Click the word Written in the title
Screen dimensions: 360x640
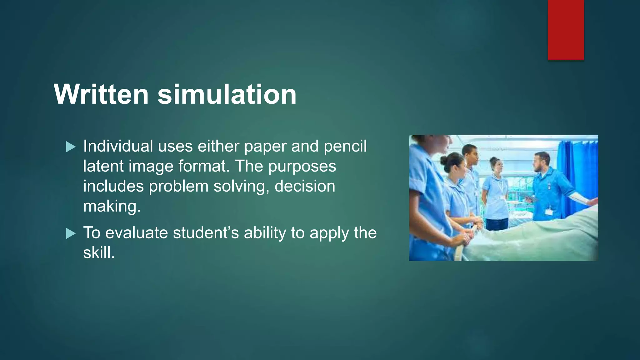click(101, 94)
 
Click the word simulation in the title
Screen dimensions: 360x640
click(227, 94)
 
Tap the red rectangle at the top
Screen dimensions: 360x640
click(566, 30)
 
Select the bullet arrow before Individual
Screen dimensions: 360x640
click(71, 147)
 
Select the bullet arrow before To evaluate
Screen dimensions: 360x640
click(71, 233)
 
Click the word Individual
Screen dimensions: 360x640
click(118, 146)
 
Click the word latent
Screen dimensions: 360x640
click(103, 166)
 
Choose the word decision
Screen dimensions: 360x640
click(305, 186)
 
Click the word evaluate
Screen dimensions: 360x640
click(136, 233)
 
